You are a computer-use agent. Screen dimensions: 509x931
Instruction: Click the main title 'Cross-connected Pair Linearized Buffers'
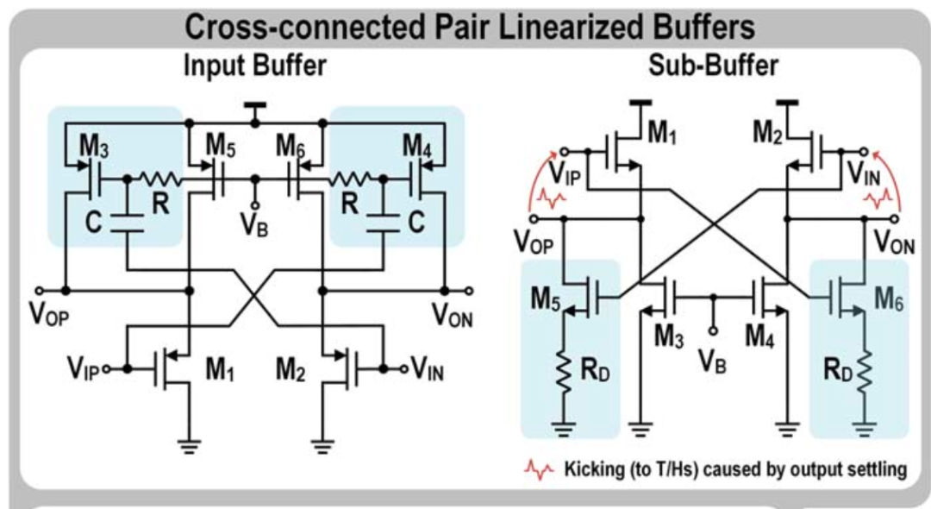click(470, 28)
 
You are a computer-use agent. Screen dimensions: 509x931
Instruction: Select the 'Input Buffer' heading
click(254, 66)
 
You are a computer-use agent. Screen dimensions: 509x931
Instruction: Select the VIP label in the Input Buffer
click(83, 369)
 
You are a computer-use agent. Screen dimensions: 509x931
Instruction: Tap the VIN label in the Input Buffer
click(428, 369)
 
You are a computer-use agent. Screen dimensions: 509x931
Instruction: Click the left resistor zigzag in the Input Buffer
click(158, 180)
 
